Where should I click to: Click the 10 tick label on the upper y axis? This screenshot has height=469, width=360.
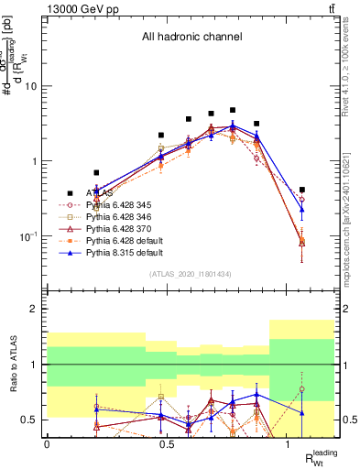tap(32, 86)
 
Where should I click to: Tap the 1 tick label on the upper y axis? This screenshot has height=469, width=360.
tap(35, 161)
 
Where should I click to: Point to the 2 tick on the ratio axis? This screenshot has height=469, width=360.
tap(35, 309)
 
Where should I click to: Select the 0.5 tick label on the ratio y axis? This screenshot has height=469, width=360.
tap(29, 420)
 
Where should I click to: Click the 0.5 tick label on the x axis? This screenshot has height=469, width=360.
tap(167, 444)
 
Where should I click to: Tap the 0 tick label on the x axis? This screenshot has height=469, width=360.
tap(47, 444)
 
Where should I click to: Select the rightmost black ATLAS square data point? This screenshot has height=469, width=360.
tap(302, 190)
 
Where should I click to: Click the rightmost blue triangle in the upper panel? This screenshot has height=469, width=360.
tap(302, 209)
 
